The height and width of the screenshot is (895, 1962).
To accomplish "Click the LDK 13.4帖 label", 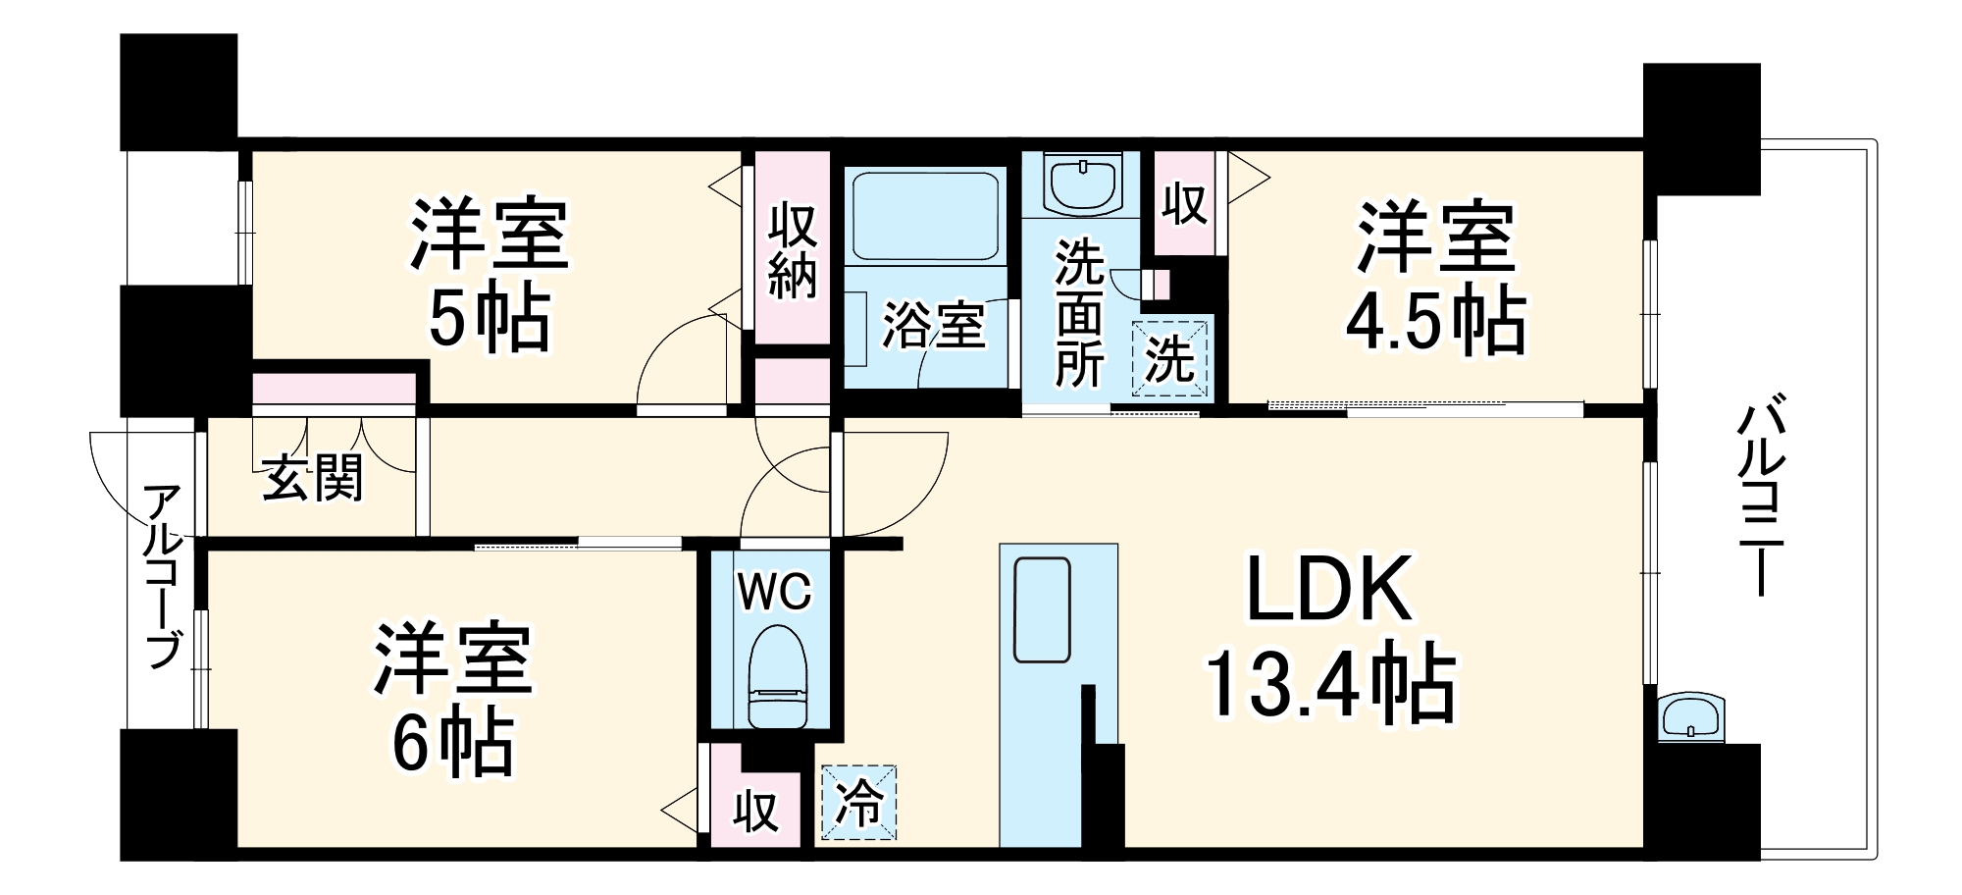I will [1329, 638].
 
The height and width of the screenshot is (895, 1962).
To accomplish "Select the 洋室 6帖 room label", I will [452, 699].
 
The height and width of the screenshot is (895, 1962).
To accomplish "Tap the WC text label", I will [774, 592].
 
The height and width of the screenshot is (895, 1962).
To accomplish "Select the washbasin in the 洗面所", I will [1084, 184].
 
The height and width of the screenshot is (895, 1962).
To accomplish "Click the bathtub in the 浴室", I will [925, 216].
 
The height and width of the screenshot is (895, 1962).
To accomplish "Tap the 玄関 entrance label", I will [313, 478].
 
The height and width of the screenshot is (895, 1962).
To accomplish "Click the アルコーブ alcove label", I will [163, 576].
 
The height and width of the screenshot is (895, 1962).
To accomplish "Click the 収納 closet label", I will [793, 250].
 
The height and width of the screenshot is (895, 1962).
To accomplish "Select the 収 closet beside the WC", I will [756, 812].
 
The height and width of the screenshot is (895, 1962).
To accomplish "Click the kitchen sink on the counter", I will [1042, 609].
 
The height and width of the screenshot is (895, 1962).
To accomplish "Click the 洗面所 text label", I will [1079, 313].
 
